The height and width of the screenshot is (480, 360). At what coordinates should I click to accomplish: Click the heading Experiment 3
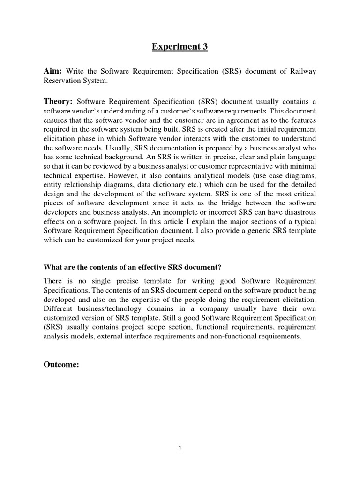click(x=180, y=46)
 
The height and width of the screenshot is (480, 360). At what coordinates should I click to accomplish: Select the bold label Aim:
click(x=53, y=71)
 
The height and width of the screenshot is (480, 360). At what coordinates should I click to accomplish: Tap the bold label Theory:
click(x=58, y=102)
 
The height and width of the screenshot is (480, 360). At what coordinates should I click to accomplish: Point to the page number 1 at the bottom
click(x=180, y=448)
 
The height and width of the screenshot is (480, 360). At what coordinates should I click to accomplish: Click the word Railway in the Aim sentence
click(x=303, y=71)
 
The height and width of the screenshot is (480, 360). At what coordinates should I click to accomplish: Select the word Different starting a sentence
click(x=59, y=309)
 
